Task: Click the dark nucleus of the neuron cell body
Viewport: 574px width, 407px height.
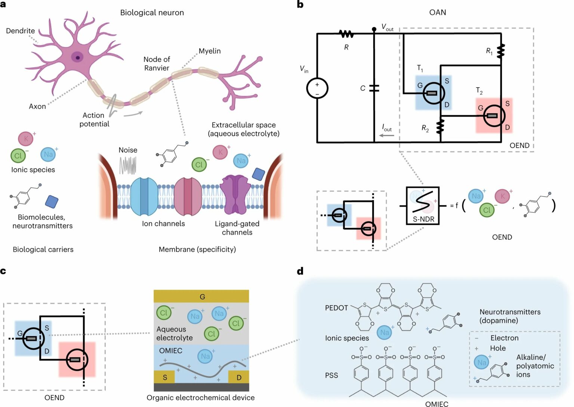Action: click(78, 57)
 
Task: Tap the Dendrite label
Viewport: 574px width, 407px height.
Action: click(20, 31)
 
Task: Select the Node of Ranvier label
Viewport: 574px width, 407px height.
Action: click(157, 63)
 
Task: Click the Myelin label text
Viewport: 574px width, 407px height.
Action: click(209, 51)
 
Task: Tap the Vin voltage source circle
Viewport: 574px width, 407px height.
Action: click(317, 89)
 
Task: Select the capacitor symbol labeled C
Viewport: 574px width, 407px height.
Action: click(374, 88)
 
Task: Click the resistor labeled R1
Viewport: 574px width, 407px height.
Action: click(501, 51)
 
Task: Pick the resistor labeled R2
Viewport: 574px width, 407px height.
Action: click(441, 127)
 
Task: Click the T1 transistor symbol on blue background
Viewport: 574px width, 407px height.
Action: click(433, 93)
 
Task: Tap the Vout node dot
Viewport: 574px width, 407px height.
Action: click(374, 29)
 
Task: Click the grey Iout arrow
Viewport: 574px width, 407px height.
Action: click(386, 135)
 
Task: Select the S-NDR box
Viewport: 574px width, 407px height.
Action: click(423, 205)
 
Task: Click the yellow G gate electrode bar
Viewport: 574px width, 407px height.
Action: click(201, 296)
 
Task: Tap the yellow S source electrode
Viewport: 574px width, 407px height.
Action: click(164, 377)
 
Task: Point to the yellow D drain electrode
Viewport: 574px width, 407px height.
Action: click(239, 377)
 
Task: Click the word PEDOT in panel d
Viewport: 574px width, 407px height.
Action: click(336, 308)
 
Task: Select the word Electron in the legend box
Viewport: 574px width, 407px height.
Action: click(504, 338)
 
